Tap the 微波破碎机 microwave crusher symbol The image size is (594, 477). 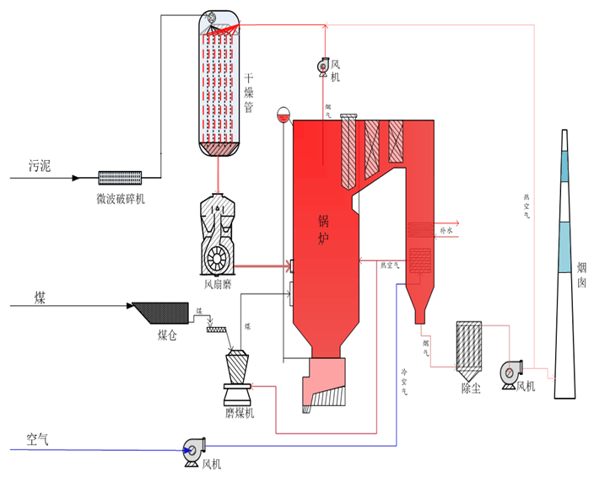120,177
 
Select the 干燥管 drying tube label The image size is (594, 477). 249,93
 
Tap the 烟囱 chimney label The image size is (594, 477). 581,275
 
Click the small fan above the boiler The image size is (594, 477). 324,65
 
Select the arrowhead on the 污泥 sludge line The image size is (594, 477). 76,178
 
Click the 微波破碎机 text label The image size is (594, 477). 122,198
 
